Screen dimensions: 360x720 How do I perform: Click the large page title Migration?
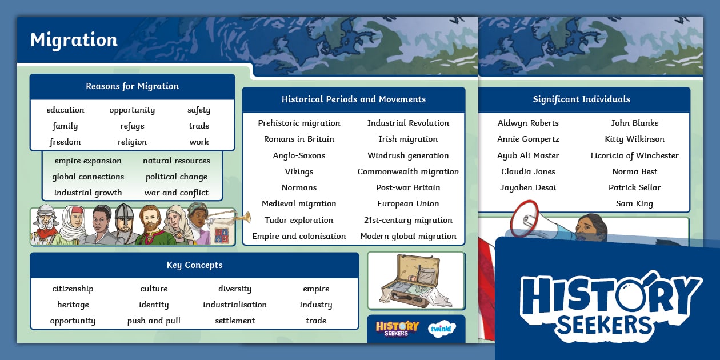pos(74,40)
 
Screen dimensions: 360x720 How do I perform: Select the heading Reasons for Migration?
pos(132,86)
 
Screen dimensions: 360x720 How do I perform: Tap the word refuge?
pos(132,126)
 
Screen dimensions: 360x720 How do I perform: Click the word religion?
pos(132,142)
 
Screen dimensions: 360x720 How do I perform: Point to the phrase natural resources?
pos(176,161)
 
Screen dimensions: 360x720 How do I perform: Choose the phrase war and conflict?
pos(176,193)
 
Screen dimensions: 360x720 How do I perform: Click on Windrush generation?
pos(408,155)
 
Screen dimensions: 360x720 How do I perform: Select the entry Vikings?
pos(299,171)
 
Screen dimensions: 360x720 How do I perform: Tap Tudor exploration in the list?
pos(299,220)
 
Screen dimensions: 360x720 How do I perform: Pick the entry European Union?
pos(408,204)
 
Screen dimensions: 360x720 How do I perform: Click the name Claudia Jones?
pos(528,171)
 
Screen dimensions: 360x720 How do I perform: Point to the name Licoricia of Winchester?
pos(634,155)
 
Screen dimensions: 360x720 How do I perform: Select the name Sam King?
pos(634,204)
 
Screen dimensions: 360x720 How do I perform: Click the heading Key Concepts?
pos(194,265)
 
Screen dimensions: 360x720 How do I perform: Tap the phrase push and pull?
pos(154,321)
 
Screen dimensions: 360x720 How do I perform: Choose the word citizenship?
pos(73,289)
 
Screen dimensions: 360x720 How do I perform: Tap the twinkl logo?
pos(441,330)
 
